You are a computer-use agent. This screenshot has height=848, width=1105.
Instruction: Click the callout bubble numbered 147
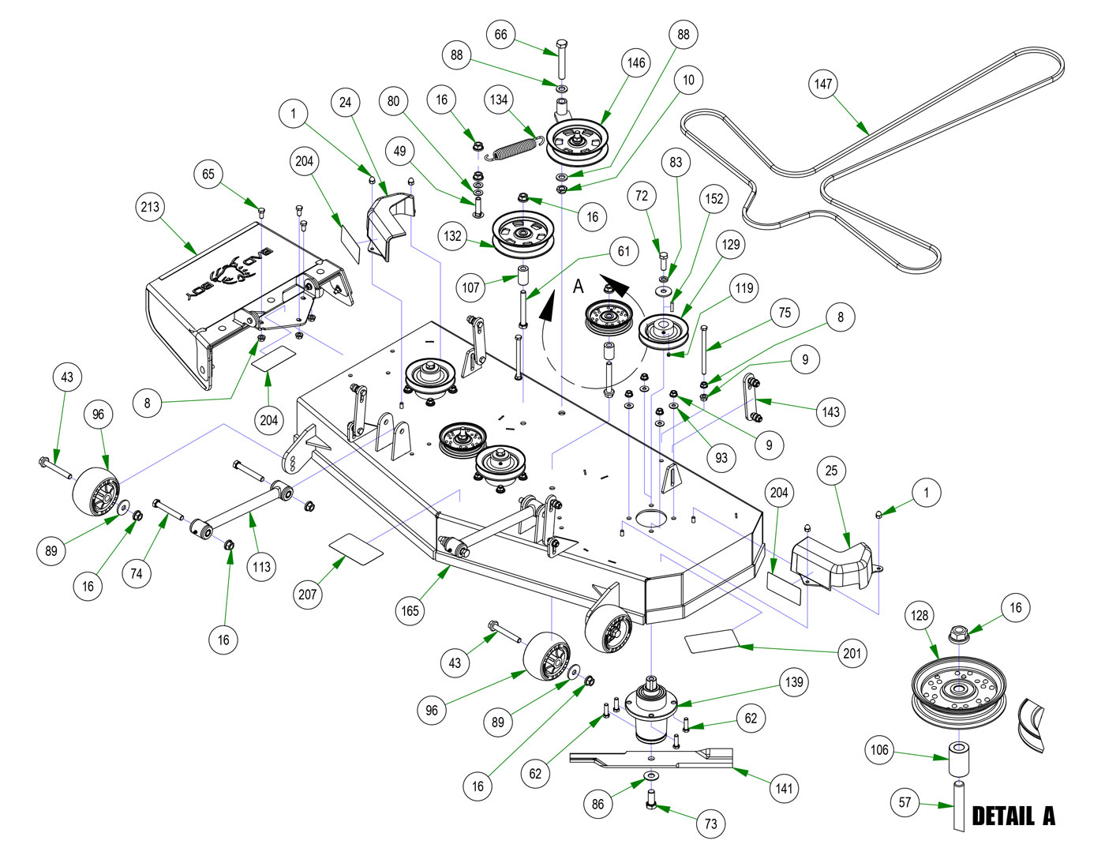(823, 84)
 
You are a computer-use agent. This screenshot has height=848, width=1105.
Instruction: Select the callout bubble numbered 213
(150, 207)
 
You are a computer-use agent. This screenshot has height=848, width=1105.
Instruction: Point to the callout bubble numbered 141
(784, 788)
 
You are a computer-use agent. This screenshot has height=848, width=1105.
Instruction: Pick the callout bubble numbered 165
(410, 610)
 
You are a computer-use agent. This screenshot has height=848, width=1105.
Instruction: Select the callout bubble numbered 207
(308, 594)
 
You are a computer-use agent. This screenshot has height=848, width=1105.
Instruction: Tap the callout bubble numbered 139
(794, 682)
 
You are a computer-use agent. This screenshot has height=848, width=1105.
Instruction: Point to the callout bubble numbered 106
(879, 750)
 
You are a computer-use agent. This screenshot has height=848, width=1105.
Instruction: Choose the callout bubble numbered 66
(500, 35)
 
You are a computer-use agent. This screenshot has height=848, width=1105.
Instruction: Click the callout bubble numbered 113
(261, 566)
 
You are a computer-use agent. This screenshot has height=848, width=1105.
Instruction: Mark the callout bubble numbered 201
(852, 653)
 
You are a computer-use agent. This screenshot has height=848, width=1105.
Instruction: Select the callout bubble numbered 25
(831, 471)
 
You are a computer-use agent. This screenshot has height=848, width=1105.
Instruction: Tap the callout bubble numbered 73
(710, 824)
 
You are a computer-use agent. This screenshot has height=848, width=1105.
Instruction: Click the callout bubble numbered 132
(452, 235)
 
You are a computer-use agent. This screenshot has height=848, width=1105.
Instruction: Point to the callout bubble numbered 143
(830, 411)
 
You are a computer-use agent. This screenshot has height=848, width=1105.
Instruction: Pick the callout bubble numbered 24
(345, 102)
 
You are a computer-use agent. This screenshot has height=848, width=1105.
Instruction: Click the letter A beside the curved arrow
(579, 286)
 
